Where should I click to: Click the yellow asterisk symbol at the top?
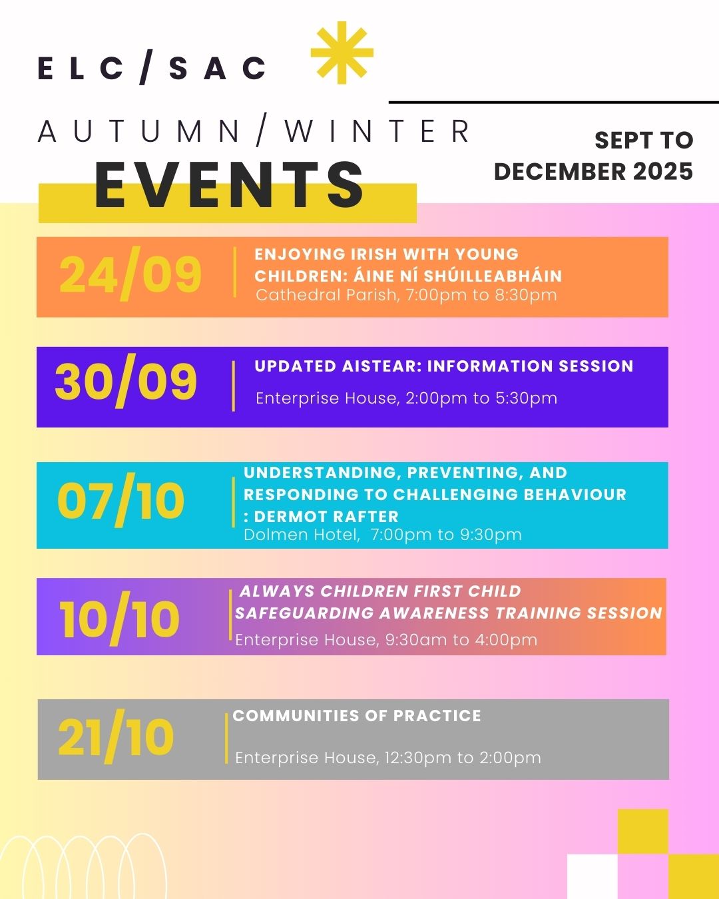click(x=342, y=53)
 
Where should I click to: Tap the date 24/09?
click(x=130, y=274)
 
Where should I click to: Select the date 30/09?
click(x=126, y=381)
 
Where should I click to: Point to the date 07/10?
click(x=120, y=500)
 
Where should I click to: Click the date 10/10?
click(x=119, y=619)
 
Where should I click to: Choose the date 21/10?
click(x=116, y=737)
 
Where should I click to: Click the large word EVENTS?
click(x=229, y=184)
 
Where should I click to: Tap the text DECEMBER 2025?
click(x=593, y=172)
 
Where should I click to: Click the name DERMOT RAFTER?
click(x=326, y=517)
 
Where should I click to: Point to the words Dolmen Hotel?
click(x=302, y=535)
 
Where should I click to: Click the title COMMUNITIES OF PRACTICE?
click(x=357, y=716)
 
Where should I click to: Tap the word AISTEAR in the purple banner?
click(x=379, y=366)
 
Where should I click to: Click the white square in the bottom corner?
click(x=592, y=876)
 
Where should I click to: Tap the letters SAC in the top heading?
click(x=217, y=68)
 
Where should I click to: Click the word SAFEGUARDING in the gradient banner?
click(x=304, y=613)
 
